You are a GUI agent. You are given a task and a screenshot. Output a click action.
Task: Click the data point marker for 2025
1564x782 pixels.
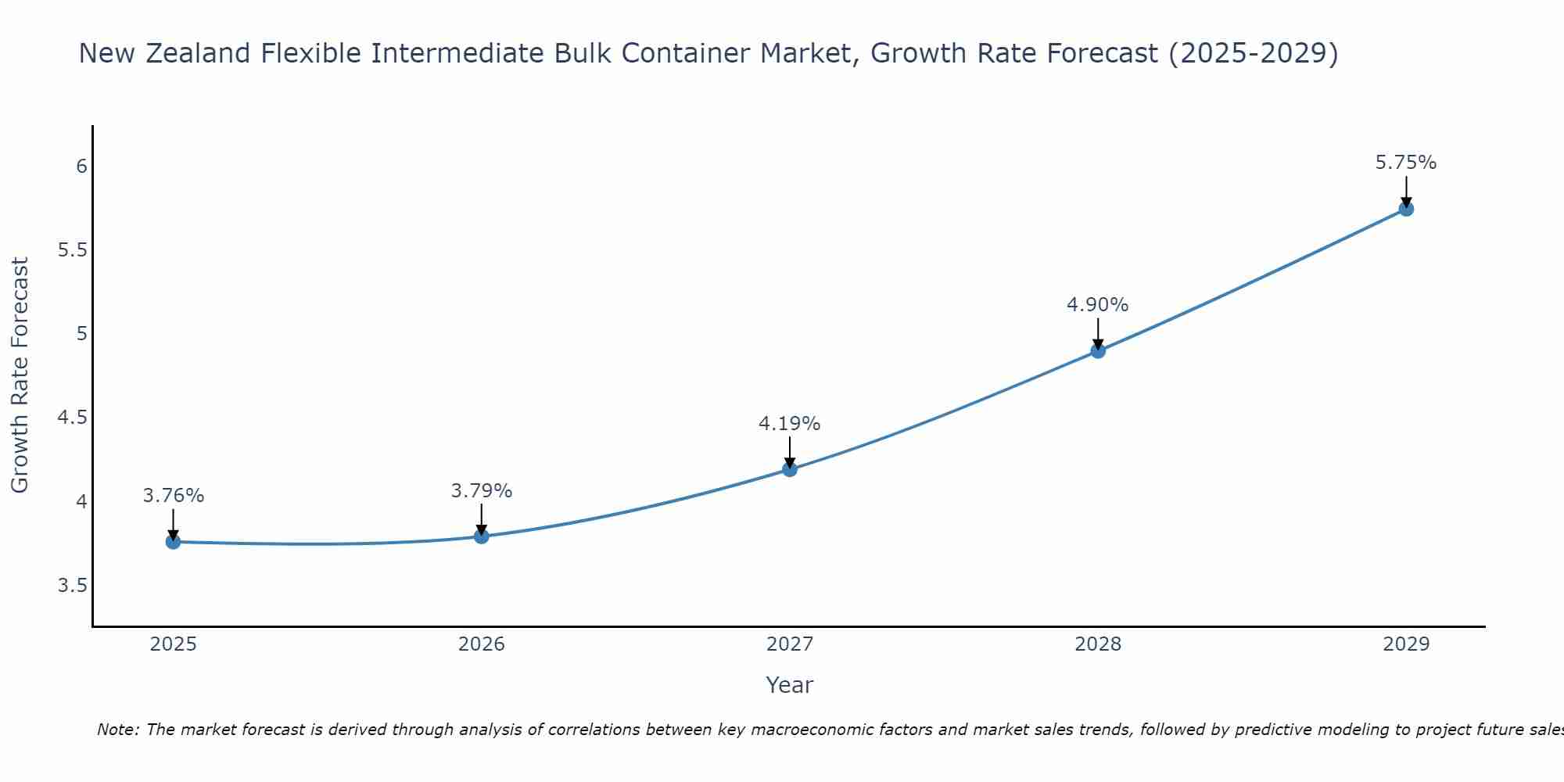(173, 542)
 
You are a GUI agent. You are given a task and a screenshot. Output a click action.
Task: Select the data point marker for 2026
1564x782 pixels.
(481, 536)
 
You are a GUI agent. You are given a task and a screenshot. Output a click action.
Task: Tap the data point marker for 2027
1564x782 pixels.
(790, 469)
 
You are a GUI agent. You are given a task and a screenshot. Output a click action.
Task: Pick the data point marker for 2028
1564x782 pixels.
(1098, 351)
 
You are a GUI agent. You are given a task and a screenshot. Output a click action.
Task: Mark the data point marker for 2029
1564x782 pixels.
(1406, 209)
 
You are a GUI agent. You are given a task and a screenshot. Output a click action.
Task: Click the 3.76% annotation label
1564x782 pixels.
(174, 496)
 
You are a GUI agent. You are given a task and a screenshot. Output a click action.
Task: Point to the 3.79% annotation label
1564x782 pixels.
(482, 491)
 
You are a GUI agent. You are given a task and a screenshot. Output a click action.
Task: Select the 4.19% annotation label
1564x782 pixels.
(790, 424)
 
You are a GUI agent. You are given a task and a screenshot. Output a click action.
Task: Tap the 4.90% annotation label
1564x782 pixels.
(1098, 305)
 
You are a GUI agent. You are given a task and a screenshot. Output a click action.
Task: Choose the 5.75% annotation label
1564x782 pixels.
(1406, 163)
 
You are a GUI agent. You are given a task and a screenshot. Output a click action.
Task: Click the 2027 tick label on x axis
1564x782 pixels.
(790, 644)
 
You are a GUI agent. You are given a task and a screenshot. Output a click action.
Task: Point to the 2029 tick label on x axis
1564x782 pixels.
(1406, 644)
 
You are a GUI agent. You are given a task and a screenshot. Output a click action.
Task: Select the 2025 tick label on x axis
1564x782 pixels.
(173, 644)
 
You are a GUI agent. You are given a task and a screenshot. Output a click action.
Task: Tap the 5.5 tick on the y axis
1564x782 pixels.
(72, 250)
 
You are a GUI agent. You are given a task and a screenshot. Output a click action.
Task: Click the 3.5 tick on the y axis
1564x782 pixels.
(72, 586)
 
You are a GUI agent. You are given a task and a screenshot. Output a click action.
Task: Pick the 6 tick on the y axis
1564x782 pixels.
(81, 167)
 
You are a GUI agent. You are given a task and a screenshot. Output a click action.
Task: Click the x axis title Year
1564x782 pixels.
(790, 685)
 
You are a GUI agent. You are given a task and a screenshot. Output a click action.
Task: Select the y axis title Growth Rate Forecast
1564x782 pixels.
(20, 375)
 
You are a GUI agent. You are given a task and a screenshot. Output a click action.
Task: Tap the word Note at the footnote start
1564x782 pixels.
(117, 730)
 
